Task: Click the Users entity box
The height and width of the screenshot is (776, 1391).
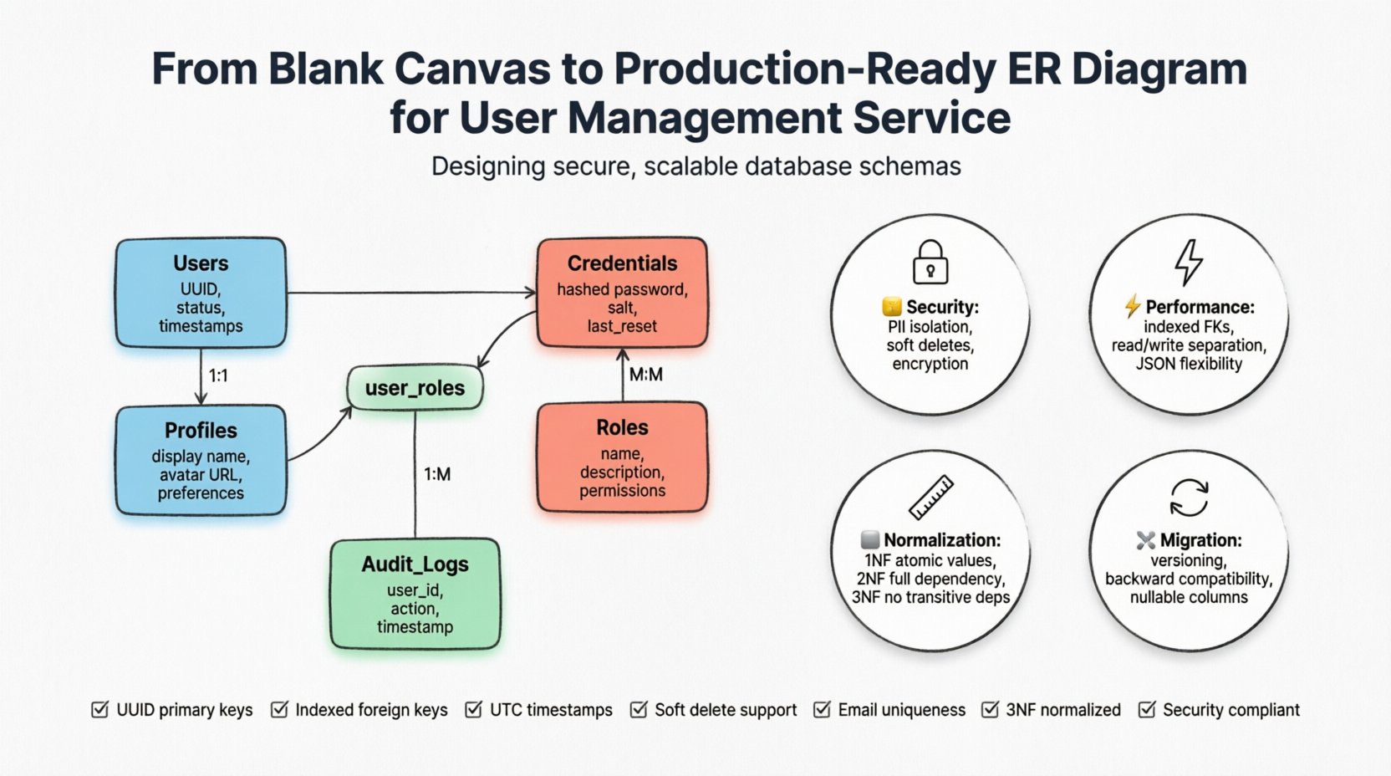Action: coord(201,293)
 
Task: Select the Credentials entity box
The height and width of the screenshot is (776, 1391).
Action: coord(622,293)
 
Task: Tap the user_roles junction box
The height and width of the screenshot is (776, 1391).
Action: coord(415,388)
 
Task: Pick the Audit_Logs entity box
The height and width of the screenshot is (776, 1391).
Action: coord(415,595)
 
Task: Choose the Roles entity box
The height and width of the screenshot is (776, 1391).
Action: coord(622,457)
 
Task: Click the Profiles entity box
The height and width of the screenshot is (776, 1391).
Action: coord(201,461)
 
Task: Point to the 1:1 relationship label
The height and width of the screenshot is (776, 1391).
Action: coord(218,375)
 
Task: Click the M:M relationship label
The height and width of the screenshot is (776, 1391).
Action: coord(645,375)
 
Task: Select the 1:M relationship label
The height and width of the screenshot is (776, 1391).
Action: coord(436,474)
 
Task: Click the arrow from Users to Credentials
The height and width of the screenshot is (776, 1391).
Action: coord(410,293)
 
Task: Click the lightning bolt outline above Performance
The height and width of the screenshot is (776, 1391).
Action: coord(1188,262)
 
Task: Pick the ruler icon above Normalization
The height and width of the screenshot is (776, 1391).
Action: coord(930,497)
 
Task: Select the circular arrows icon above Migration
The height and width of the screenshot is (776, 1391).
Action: coord(1188,498)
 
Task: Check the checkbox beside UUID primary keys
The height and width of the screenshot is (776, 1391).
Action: coord(99,710)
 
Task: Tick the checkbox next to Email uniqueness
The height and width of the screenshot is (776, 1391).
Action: coord(822,710)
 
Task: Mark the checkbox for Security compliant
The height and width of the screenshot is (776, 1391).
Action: coord(1147,710)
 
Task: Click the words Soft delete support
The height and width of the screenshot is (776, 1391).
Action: coord(725,710)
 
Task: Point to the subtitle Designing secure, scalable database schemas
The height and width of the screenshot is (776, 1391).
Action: coord(695,166)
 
